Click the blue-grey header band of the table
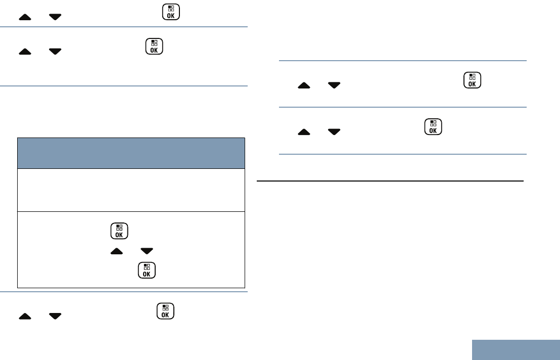131,153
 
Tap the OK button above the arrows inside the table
118,231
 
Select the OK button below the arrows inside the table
146,271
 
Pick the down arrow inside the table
147,250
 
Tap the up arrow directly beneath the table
25,316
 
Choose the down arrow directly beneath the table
55,316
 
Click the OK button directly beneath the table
165,311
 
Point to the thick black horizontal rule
390,181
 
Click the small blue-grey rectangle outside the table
516,349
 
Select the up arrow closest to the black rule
304,131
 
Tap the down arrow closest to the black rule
334,131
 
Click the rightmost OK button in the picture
472,81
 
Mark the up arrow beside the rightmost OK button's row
304,86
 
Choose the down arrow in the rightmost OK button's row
334,86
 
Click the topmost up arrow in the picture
25,17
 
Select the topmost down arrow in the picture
55,17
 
